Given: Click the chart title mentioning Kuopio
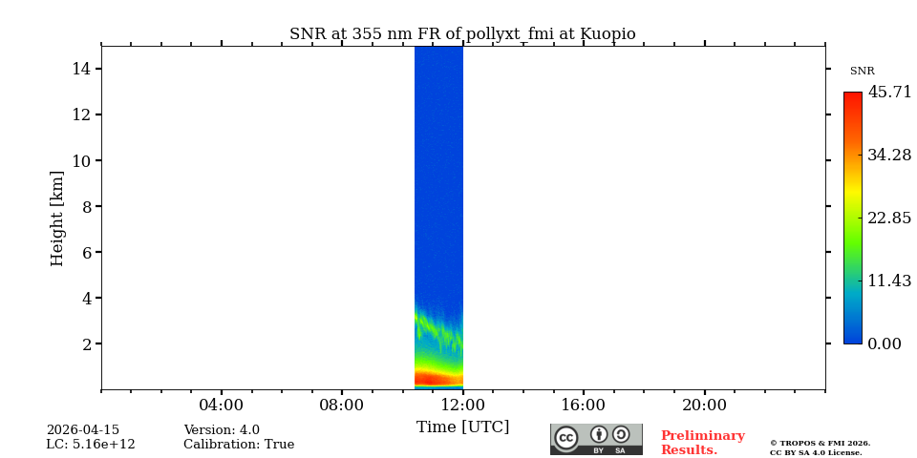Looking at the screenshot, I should pyautogui.click(x=462, y=34).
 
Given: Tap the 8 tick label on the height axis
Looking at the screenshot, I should pyautogui.click(x=85, y=206).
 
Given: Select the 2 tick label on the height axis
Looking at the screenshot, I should pyautogui.click(x=85, y=343).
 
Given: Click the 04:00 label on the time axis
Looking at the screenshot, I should pyautogui.click(x=221, y=405).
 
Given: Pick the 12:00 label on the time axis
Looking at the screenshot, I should pyautogui.click(x=462, y=405).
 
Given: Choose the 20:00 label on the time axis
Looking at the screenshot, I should pyautogui.click(x=704, y=405).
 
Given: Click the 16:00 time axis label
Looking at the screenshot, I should pyautogui.click(x=583, y=405).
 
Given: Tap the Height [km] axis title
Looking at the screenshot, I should pyautogui.click(x=57, y=218).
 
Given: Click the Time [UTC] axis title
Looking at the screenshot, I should pyautogui.click(x=462, y=427).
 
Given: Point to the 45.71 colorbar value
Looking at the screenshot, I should pyautogui.click(x=889, y=93).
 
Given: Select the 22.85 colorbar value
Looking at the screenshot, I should pyautogui.click(x=889, y=218).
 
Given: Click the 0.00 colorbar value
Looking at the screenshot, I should pyautogui.click(x=885, y=343).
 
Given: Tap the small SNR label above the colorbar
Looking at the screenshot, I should pyautogui.click(x=862, y=72).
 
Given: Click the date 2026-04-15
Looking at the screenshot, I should pyautogui.click(x=83, y=430).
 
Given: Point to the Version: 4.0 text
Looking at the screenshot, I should pyautogui.click(x=222, y=430).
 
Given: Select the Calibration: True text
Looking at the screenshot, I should pyautogui.click(x=239, y=445).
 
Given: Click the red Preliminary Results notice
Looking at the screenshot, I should pyautogui.click(x=702, y=443).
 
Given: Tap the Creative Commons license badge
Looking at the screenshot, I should pyautogui.click(x=596, y=439).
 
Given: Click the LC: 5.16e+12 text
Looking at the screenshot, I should pyautogui.click(x=91, y=445).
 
